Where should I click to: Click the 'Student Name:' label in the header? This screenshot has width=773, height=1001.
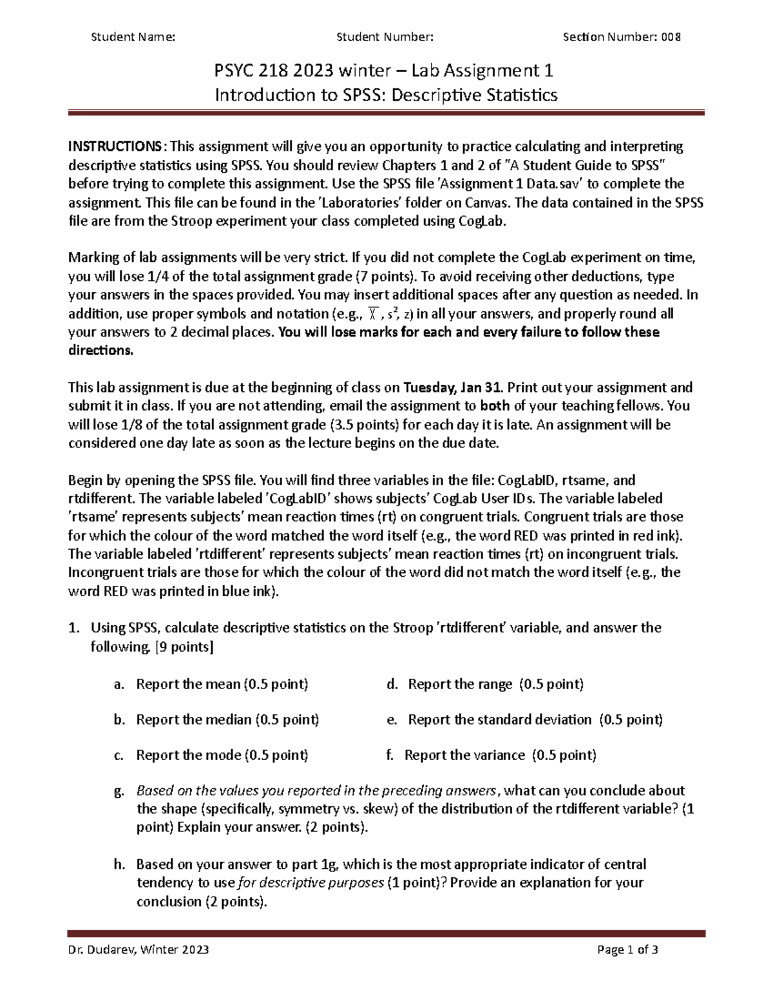point(133,37)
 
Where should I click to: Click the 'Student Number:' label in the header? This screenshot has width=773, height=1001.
point(385,37)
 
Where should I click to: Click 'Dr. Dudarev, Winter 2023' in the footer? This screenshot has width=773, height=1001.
point(138,949)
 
